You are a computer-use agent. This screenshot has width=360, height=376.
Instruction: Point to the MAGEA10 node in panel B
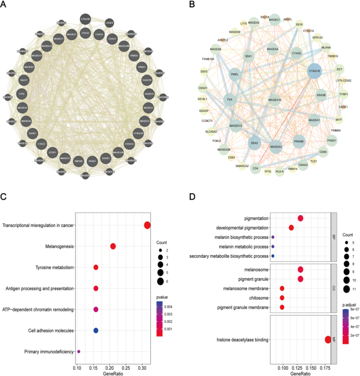pyautogui.click(x=274, y=100)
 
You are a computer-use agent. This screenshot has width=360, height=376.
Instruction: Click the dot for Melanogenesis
pyautogui.click(x=113, y=246)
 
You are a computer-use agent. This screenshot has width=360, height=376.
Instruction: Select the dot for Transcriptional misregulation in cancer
pyautogui.click(x=147, y=225)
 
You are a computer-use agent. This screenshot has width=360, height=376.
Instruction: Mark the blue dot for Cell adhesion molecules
pyautogui.click(x=96, y=330)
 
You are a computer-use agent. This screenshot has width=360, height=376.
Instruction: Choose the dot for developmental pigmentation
pyautogui.click(x=291, y=227)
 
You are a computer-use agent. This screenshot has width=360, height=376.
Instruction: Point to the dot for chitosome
pyautogui.click(x=282, y=298)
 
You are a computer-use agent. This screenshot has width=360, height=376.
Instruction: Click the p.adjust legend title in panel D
pyautogui.click(x=350, y=305)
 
